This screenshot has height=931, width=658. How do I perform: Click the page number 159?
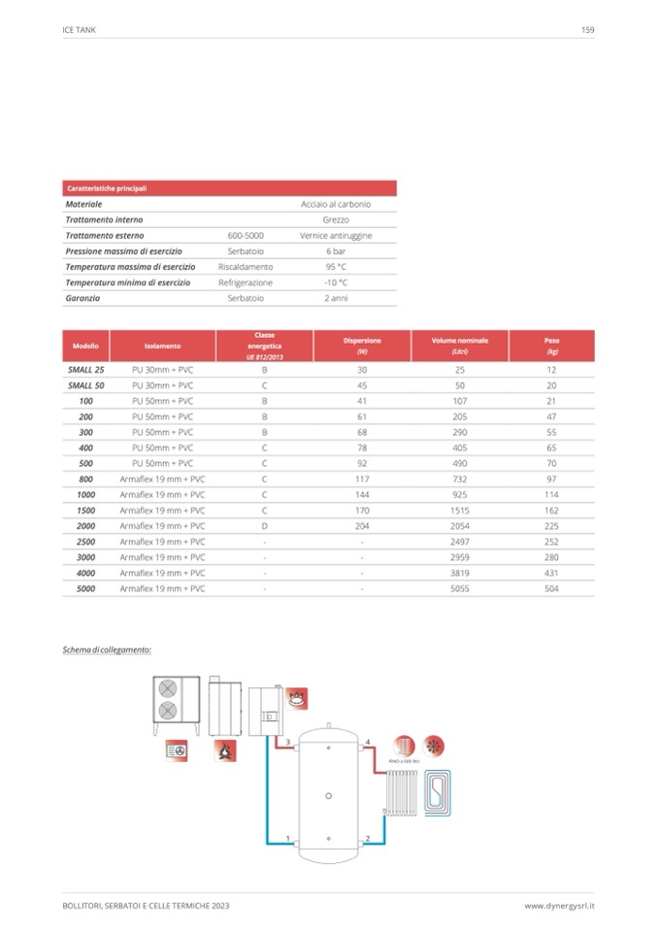(x=587, y=30)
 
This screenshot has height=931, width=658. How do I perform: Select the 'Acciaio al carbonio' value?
(x=336, y=204)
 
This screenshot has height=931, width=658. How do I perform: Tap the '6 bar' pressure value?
(x=336, y=250)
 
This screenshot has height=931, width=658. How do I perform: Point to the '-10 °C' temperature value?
(x=336, y=283)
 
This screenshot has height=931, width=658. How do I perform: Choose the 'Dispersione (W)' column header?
(x=361, y=347)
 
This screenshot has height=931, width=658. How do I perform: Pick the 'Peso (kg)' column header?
(x=551, y=347)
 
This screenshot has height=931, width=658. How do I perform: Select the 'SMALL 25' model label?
(x=85, y=370)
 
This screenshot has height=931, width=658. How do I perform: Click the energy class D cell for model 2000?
(x=264, y=525)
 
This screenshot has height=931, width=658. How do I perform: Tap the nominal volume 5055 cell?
(x=460, y=588)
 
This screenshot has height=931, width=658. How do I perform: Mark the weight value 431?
(x=551, y=573)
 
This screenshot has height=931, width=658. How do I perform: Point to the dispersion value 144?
(x=361, y=494)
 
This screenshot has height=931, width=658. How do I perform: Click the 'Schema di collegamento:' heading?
(x=108, y=648)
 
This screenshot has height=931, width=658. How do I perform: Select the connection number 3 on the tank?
(x=288, y=742)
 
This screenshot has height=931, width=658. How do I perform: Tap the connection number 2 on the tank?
(x=368, y=837)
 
